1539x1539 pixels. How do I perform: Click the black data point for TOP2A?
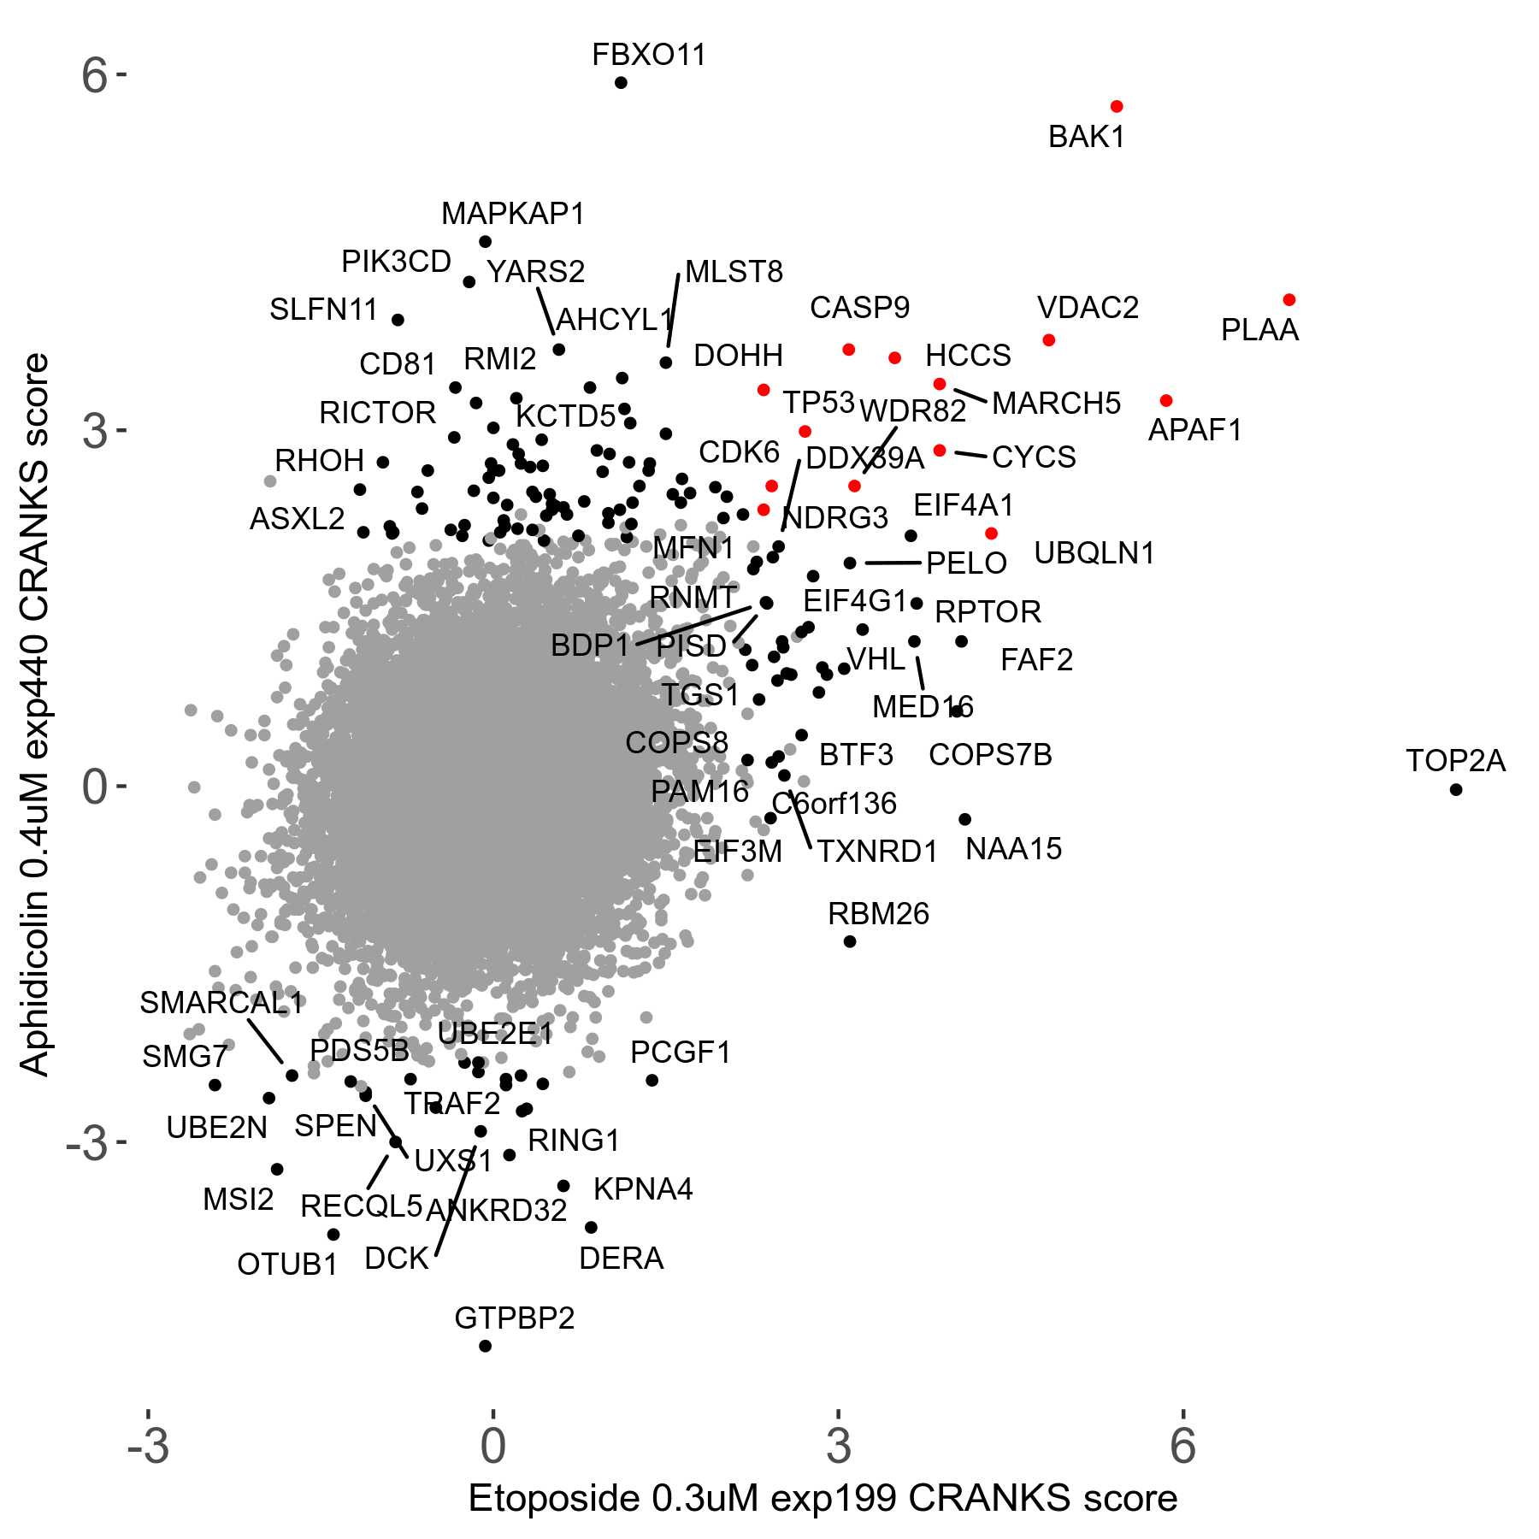coord(1456,789)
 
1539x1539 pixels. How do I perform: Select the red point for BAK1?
coord(1117,106)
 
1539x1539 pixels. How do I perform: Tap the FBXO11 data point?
coord(621,82)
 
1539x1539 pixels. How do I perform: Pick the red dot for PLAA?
coord(1289,299)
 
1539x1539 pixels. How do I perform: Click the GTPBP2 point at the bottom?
coord(485,1346)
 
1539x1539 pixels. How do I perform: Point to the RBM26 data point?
coord(850,941)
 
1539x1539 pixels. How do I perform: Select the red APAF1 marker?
coord(1166,400)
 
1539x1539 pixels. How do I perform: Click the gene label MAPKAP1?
coord(513,214)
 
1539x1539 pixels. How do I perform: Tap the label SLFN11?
coord(323,310)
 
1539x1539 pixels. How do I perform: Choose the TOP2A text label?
coord(1455,761)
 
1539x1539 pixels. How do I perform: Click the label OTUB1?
coord(287,1264)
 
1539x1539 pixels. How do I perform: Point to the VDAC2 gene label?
coord(1088,308)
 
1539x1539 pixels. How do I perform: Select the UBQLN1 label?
coord(1094,553)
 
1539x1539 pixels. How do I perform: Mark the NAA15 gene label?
coord(1013,849)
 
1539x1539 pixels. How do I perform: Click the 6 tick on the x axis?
coord(1182,1445)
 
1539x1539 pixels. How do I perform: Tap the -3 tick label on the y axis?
coord(87,1142)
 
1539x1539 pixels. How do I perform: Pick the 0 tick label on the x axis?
coord(492,1445)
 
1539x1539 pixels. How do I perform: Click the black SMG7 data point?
coord(215,1085)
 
